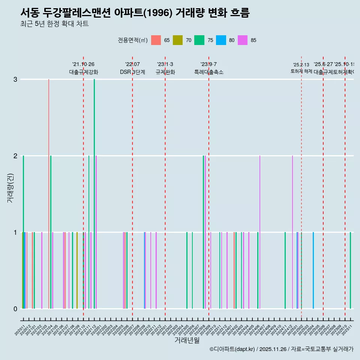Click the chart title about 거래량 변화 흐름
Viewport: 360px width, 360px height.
135,13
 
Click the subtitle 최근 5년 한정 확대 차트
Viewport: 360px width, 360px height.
54,24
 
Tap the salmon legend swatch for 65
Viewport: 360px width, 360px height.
156,40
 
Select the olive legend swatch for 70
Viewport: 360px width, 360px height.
177,40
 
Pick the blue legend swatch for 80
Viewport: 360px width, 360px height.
221,40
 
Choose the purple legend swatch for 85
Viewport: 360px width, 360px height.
243,40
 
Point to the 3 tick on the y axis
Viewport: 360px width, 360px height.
15,79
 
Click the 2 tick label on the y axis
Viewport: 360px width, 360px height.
15,156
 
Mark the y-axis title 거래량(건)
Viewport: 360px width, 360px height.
10,188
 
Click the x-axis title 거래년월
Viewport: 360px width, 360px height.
187,340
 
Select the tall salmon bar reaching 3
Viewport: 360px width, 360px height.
48,187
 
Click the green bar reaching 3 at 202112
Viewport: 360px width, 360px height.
94,187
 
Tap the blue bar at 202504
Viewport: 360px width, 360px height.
313,270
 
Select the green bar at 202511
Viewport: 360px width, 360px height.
350,270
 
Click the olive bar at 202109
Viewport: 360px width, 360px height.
77,270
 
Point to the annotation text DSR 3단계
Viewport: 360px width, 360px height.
132,72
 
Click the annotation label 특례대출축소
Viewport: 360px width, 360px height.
208,72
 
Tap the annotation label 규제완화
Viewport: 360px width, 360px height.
165,72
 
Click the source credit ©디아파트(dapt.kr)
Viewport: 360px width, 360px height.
232,349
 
